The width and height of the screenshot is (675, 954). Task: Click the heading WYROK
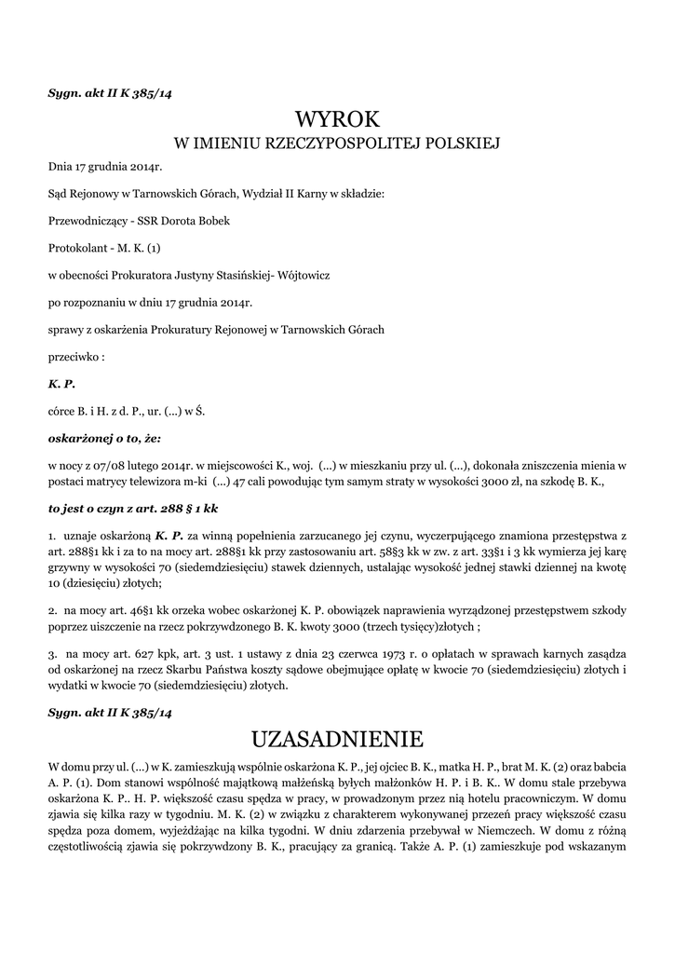337,118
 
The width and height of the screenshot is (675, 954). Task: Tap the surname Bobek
209,222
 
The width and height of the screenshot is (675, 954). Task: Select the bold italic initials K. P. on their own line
61,384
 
